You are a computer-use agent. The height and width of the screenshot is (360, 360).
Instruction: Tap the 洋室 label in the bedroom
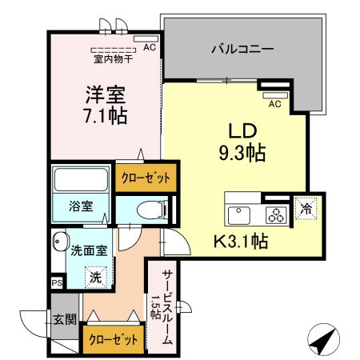click(x=104, y=94)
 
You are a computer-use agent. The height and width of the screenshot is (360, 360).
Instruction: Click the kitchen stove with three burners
click(x=275, y=214)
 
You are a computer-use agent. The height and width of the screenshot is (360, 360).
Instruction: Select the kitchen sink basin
click(x=239, y=215)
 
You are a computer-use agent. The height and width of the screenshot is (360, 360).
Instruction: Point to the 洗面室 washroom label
click(x=87, y=250)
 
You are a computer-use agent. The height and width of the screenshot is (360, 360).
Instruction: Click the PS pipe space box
click(x=56, y=282)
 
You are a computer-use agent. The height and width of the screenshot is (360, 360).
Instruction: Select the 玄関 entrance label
click(x=65, y=320)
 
